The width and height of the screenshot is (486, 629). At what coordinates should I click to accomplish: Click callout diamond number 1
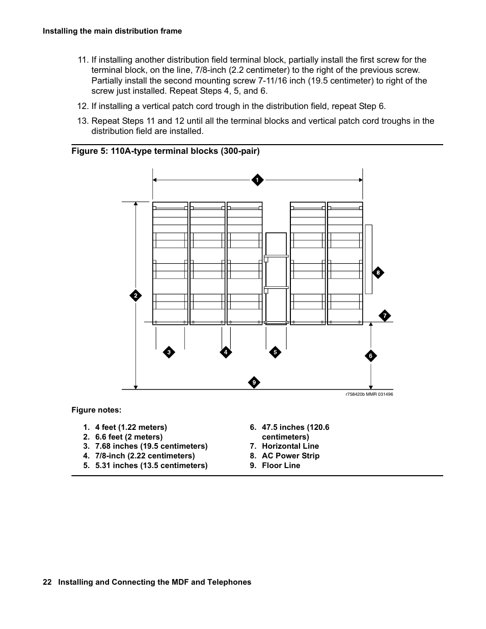pyautogui.click(x=257, y=180)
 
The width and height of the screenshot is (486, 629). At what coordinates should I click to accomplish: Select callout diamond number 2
pyautogui.click(x=136, y=296)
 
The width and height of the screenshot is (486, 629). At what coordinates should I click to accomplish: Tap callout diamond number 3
pyautogui.click(x=169, y=352)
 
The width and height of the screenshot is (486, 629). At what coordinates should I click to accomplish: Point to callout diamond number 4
pyautogui.click(x=226, y=352)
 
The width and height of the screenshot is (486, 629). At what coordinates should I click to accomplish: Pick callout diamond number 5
pyautogui.click(x=275, y=352)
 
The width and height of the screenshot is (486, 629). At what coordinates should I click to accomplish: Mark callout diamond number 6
pyautogui.click(x=371, y=356)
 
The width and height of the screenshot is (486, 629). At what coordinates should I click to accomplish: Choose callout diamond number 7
pyautogui.click(x=385, y=316)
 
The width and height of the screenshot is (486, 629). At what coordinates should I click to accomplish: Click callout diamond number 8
pyautogui.click(x=378, y=273)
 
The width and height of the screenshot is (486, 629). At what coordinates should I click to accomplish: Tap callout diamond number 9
pyautogui.click(x=254, y=382)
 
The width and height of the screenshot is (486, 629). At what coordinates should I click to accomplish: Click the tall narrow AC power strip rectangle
pyautogui.click(x=368, y=259)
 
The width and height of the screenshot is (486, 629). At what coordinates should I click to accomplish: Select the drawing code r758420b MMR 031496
pyautogui.click(x=369, y=395)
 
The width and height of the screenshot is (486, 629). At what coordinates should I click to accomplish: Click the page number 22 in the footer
pyautogui.click(x=47, y=582)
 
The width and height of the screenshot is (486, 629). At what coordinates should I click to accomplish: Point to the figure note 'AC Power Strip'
pyautogui.click(x=290, y=456)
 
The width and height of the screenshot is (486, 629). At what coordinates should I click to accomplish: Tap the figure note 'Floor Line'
pyautogui.click(x=281, y=466)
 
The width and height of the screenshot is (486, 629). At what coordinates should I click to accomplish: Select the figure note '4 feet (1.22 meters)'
pyautogui.click(x=131, y=427)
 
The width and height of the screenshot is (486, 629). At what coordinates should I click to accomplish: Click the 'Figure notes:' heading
pyautogui.click(x=96, y=410)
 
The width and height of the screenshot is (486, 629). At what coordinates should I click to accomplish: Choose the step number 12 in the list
pyautogui.click(x=83, y=106)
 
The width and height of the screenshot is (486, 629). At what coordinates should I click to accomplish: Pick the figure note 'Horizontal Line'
pyautogui.click(x=290, y=446)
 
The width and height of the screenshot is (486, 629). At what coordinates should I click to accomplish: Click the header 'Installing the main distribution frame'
pyautogui.click(x=112, y=31)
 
